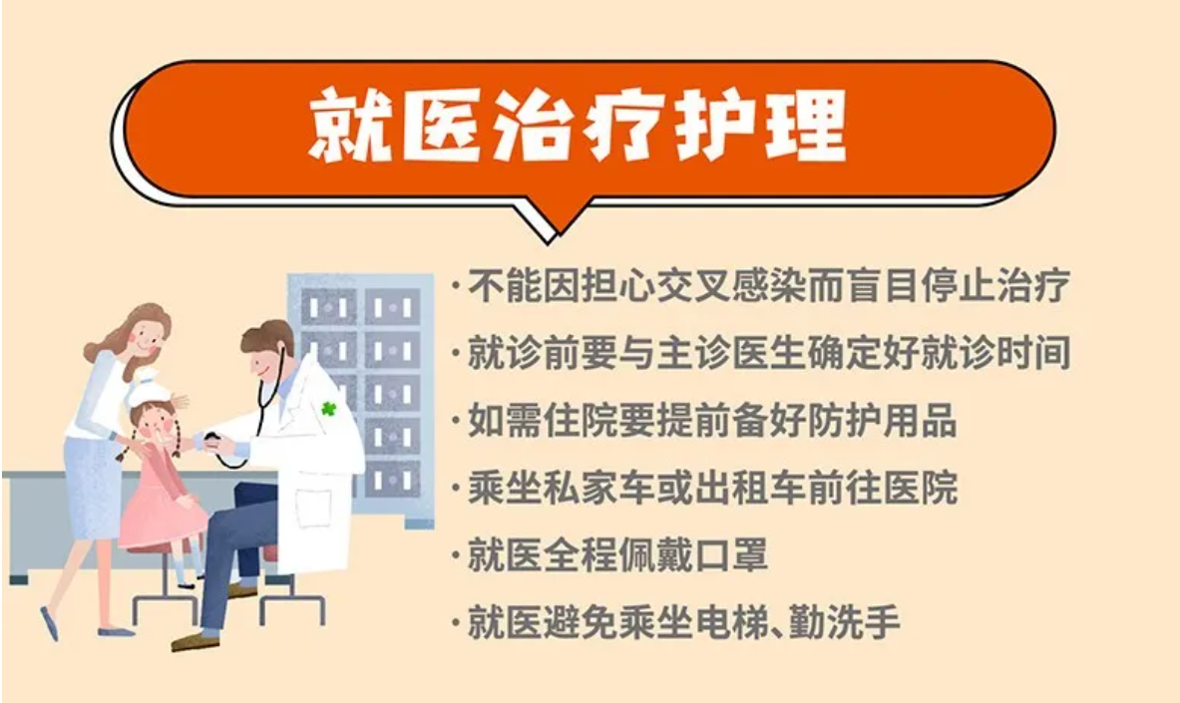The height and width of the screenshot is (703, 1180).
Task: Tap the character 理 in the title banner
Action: [x=806, y=125]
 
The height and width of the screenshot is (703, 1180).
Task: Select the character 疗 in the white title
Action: [x=623, y=125]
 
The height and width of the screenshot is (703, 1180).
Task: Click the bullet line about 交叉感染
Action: [x=761, y=286]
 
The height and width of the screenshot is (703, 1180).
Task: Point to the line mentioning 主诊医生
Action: [x=761, y=353]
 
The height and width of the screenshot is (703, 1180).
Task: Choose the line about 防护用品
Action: [x=704, y=420]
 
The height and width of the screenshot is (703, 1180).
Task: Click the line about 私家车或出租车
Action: [x=704, y=488]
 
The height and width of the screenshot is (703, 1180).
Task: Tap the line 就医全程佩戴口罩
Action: [x=609, y=555]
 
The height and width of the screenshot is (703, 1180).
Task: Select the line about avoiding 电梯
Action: [x=676, y=622]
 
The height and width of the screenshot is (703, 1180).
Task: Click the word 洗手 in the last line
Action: [x=863, y=622]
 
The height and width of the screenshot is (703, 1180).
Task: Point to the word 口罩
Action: [x=731, y=555]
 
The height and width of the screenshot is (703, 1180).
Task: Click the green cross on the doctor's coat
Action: [x=328, y=409]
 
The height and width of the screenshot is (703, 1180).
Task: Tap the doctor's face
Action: [x=265, y=362]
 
